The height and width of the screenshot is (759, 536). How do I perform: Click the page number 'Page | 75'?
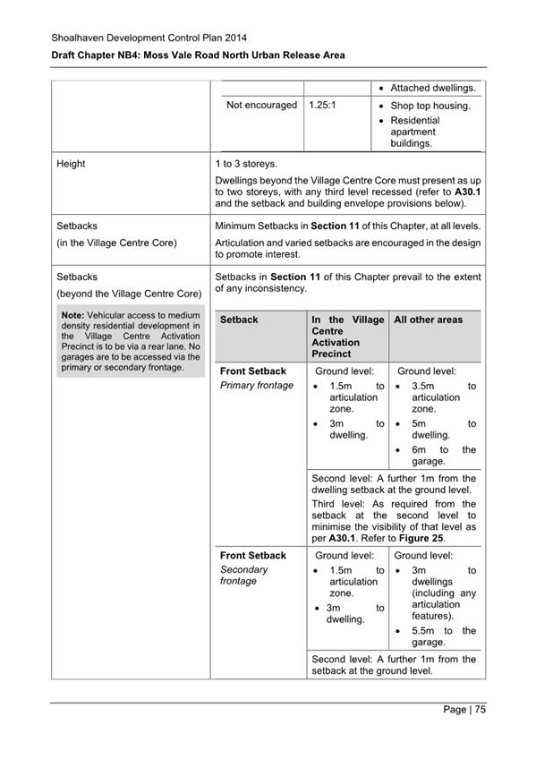(464, 710)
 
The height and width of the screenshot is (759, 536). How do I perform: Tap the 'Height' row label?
(72, 165)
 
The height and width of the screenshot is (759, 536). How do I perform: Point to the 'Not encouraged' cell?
(261, 105)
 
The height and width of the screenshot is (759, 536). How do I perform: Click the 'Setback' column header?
(239, 320)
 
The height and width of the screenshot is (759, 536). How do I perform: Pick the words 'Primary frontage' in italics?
(257, 386)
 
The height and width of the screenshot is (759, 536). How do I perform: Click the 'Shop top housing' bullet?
(430, 106)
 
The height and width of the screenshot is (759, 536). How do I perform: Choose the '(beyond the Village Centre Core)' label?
(128, 293)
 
